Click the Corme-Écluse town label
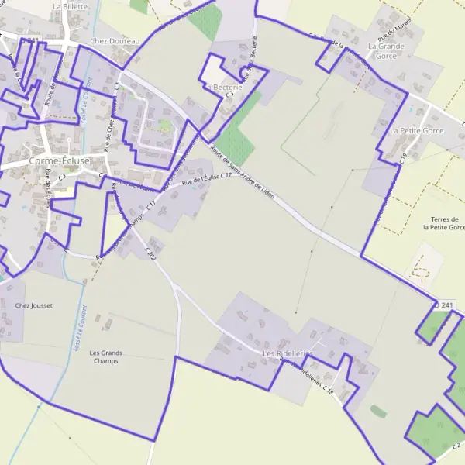coord(58,161)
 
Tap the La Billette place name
coord(71,5)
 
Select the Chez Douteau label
coord(115,41)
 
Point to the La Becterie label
coord(224,88)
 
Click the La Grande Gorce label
coord(386,51)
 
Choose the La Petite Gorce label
coord(416,131)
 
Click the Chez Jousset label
coord(34,306)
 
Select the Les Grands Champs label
coord(106,356)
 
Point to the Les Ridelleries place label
coord(287,353)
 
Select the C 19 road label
coord(405,157)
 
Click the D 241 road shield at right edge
coord(444,305)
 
